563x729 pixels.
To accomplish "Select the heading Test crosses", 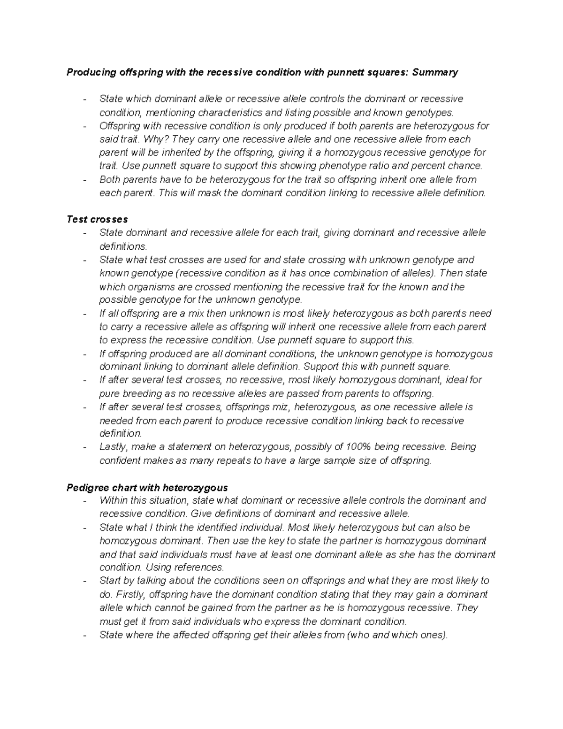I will click(x=97, y=219).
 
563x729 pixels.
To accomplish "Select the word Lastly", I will click(x=112, y=447).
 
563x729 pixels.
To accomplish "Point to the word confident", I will click(x=120, y=460).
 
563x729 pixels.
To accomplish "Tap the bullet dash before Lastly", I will click(x=84, y=447).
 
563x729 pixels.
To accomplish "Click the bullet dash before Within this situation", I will click(x=84, y=501).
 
